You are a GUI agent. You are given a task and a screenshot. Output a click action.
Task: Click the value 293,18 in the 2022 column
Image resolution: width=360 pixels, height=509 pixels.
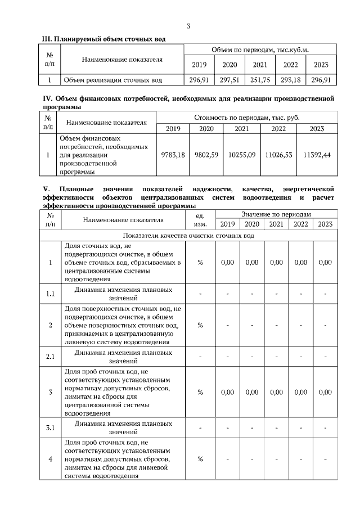point(291,80)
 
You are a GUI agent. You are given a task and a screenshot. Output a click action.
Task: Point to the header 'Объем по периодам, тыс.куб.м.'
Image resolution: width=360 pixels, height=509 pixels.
point(260,50)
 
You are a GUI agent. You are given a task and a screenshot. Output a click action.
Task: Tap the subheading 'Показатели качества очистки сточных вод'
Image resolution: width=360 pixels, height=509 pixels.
point(188,236)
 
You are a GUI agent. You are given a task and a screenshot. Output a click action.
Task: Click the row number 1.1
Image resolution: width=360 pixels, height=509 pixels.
point(50,294)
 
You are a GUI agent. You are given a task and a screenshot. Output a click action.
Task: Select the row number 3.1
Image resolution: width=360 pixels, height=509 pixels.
point(50,428)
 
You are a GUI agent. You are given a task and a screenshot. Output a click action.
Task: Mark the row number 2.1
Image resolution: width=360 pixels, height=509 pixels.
point(50,357)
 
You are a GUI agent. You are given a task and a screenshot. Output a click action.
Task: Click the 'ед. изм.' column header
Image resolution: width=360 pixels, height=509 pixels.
point(200,219)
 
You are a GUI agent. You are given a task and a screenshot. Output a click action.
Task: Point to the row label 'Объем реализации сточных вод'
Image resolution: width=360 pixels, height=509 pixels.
point(113,80)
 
